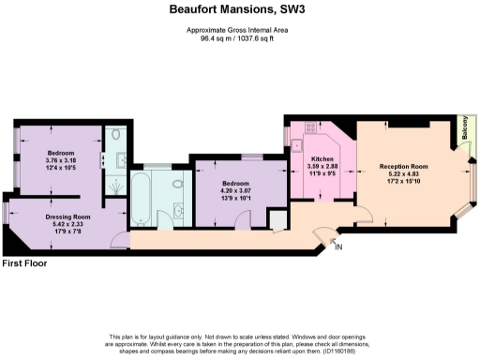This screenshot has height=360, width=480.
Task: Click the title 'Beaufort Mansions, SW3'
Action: [x=239, y=12]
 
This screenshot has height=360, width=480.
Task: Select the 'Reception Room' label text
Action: [x=403, y=166]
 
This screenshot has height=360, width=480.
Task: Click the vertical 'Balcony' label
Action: [x=465, y=132]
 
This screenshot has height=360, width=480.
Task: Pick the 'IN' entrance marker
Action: [x=338, y=247]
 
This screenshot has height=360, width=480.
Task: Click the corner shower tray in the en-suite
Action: [x=115, y=185]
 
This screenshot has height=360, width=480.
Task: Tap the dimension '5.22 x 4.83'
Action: [x=403, y=174]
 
